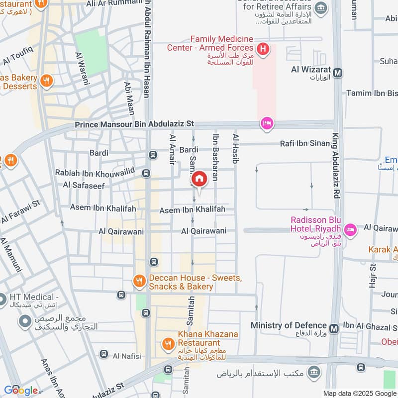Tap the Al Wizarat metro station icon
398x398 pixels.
pos(338,73)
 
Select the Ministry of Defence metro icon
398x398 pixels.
pos(334,328)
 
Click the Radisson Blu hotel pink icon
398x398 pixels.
pos(350,229)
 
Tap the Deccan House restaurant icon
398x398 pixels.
pos(139,282)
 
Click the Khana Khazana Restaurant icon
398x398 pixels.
pos(168,343)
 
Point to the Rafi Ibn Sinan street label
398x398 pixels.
pos(305,144)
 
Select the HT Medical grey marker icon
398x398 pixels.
pos(2,300)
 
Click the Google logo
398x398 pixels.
pos(21,390)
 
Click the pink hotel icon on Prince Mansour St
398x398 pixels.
pos(267,124)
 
